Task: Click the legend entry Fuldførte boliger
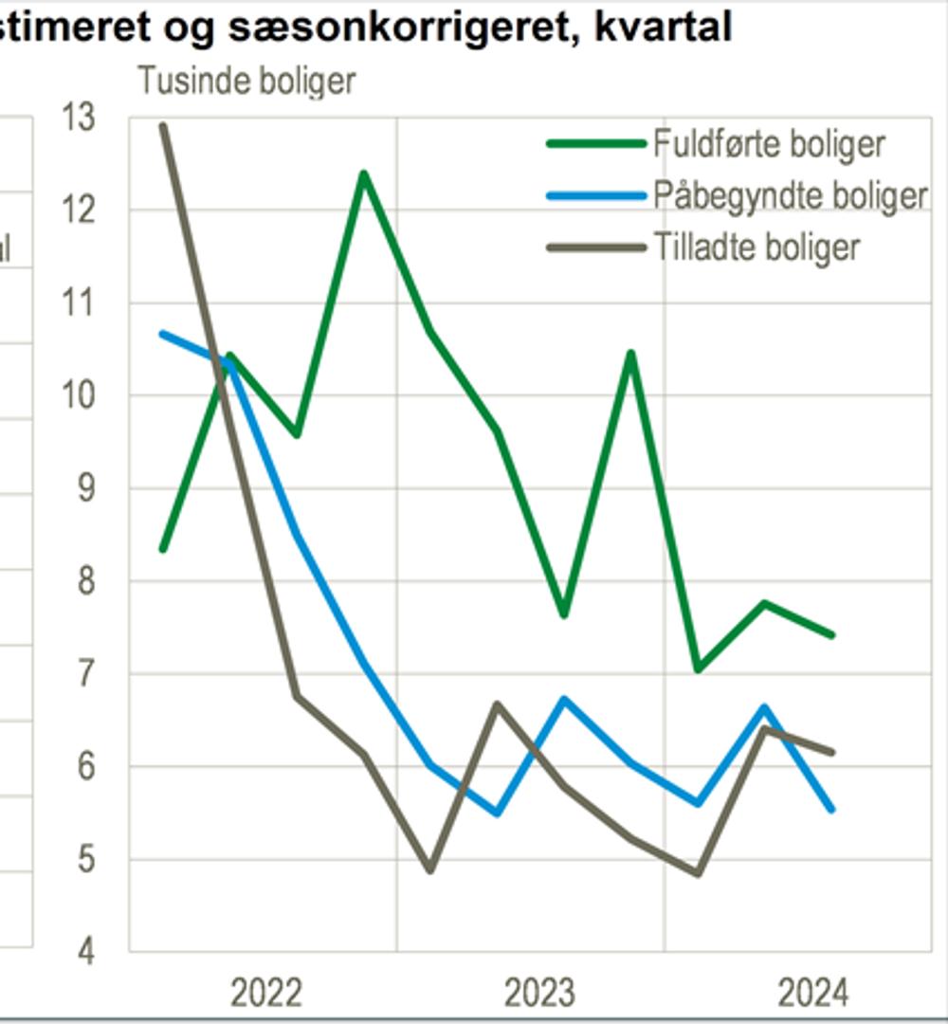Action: [x=769, y=144]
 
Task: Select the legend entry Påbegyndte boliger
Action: [x=790, y=195]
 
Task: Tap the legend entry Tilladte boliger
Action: [x=757, y=247]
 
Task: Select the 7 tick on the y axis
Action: [x=87, y=674]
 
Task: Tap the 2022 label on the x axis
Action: [x=266, y=993]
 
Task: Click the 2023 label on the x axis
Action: [x=538, y=993]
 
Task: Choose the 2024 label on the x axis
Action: [x=812, y=993]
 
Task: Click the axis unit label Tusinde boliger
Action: [x=246, y=81]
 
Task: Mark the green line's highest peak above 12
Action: [x=363, y=174]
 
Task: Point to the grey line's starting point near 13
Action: [x=163, y=125]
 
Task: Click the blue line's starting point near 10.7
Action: [x=163, y=334]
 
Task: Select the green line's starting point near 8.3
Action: [x=163, y=549]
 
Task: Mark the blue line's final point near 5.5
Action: [x=831, y=809]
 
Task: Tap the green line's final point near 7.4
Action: [x=831, y=635]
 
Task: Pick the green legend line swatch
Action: [x=595, y=144]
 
